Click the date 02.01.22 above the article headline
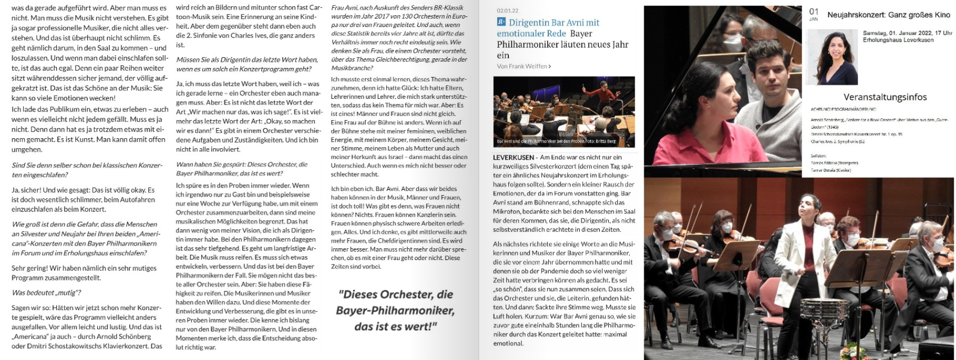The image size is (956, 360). (508, 11)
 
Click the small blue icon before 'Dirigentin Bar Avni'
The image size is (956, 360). (501, 22)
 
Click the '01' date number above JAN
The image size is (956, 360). (814, 12)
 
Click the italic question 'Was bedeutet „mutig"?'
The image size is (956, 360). (47, 293)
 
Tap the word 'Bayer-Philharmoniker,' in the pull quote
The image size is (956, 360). (395, 311)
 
